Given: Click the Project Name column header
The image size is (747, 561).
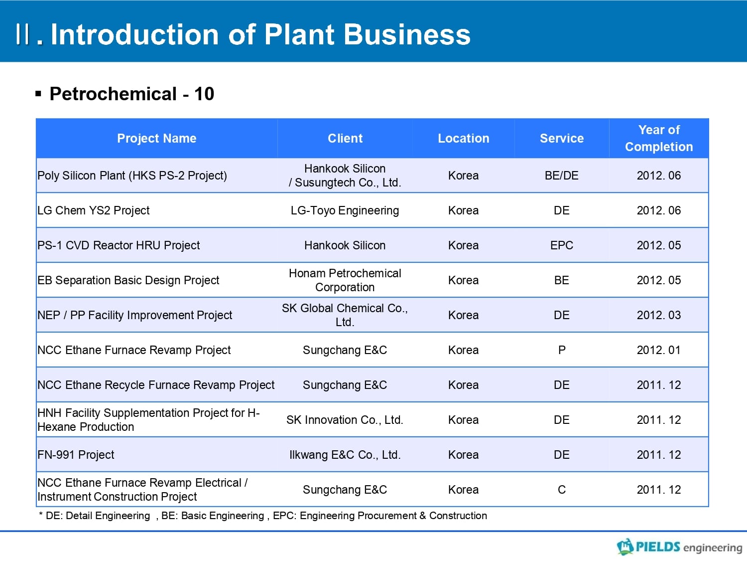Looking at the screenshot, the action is tap(156, 138).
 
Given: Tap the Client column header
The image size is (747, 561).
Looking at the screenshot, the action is tap(345, 138).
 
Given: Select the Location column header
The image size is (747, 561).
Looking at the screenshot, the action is tap(463, 138).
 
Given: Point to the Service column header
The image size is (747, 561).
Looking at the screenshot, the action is tap(562, 138).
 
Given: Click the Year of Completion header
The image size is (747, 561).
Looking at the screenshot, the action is tap(659, 138).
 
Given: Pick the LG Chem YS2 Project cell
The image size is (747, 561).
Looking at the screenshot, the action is tap(93, 210).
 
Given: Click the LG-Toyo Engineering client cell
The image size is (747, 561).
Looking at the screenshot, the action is tap(345, 210).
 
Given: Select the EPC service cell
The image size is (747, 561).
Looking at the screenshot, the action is tap(562, 245).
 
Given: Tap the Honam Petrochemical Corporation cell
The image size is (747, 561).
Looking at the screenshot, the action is tap(345, 280).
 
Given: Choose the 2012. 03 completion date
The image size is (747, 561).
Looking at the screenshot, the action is tap(659, 315).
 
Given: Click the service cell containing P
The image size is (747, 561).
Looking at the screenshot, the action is tap(562, 350).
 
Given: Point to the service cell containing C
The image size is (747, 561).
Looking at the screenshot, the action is tap(562, 490).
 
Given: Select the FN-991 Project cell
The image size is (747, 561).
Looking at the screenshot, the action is tap(76, 455).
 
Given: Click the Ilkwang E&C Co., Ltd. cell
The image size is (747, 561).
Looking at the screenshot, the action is tap(345, 455).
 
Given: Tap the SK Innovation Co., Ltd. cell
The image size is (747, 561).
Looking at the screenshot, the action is tap(345, 420).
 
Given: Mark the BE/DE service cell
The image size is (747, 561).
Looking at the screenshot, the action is tap(562, 176).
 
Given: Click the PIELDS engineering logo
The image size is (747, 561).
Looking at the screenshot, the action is tap(679, 547).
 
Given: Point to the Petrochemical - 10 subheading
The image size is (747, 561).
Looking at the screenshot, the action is tap(131, 94).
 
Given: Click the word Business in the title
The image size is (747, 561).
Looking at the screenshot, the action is tap(407, 35).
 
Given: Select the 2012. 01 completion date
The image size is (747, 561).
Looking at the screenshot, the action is tap(659, 350).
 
